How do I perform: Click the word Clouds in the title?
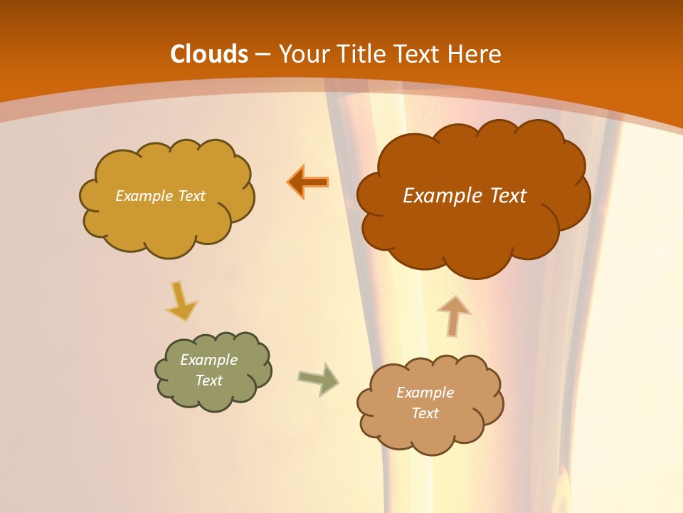click(209, 54)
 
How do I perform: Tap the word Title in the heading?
click(362, 54)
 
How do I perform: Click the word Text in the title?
click(418, 54)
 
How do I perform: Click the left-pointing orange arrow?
click(308, 182)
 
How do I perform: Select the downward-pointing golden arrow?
click(181, 301)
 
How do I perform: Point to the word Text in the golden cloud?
click(190, 196)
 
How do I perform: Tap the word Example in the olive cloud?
click(208, 360)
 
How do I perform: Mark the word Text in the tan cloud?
click(425, 413)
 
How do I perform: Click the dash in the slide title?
click(263, 54)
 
